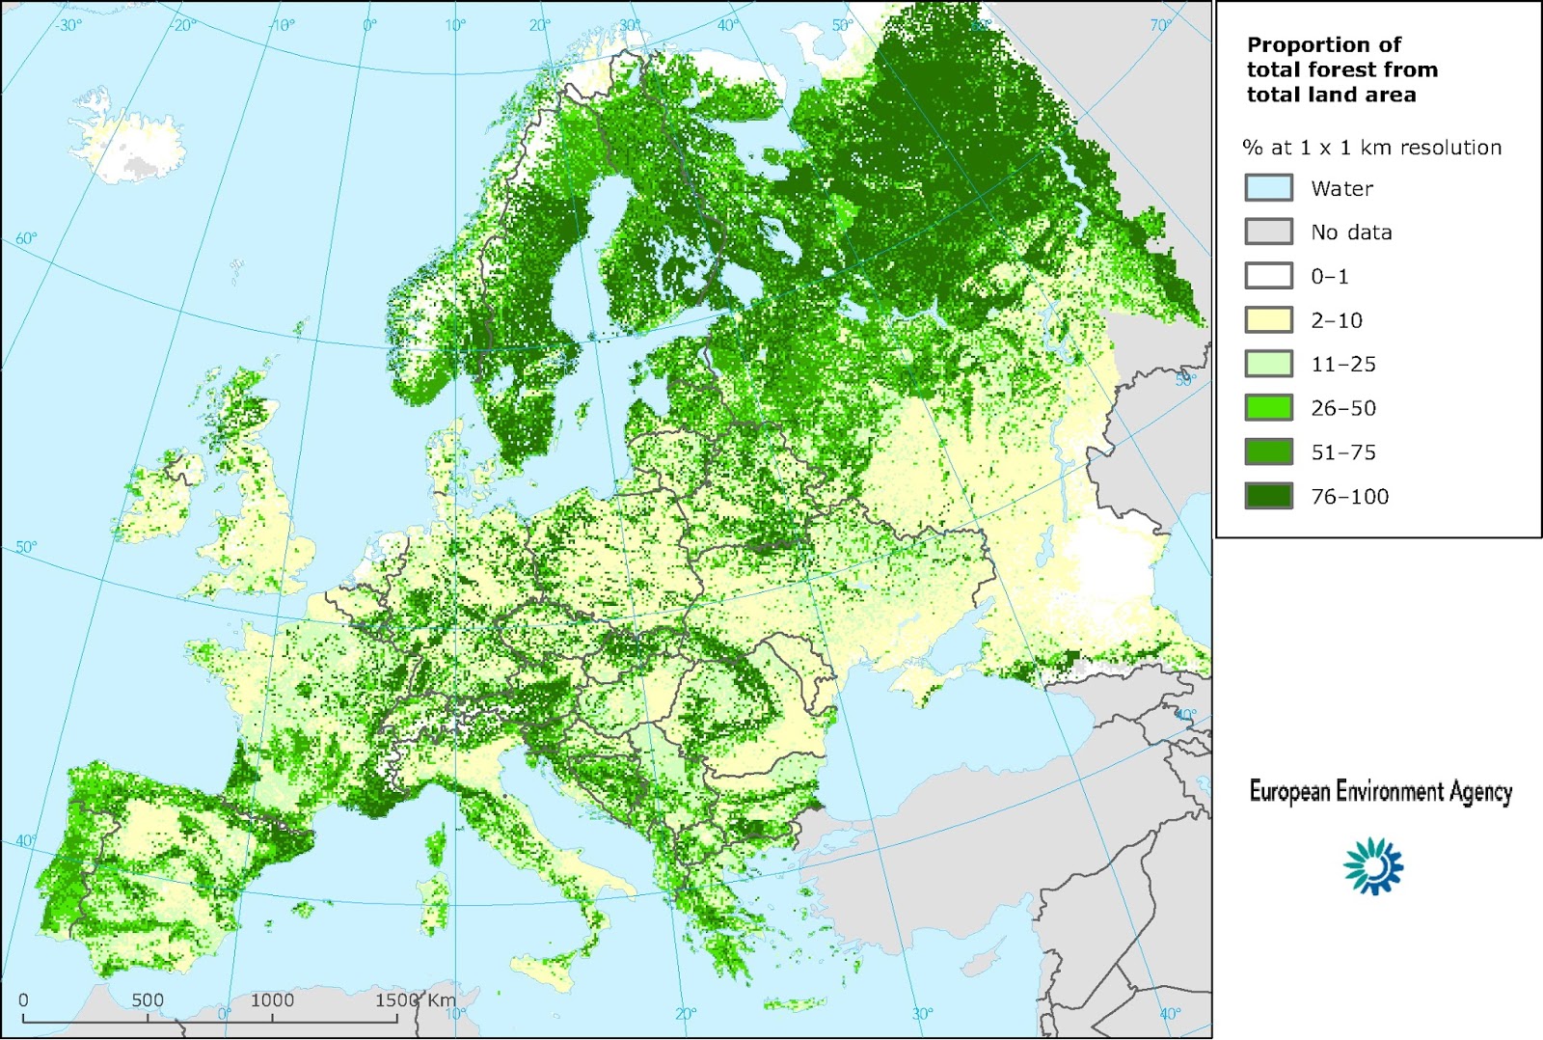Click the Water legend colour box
coord(1268,188)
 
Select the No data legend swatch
coord(1268,232)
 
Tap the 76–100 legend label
coord(1349,497)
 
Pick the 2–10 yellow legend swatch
coord(1268,320)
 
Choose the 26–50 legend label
coord(1342,408)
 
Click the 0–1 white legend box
coord(1268,276)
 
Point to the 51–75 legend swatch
coord(1268,452)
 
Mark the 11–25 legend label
coord(1342,365)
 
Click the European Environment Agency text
coord(1380,792)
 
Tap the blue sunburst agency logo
coord(1373,865)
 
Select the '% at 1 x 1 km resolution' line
coord(1371,148)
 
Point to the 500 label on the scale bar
coord(148,999)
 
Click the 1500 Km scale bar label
coord(415,999)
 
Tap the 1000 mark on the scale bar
coord(272,999)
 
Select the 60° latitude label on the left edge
coord(26,238)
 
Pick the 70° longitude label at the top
coord(1160,25)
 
